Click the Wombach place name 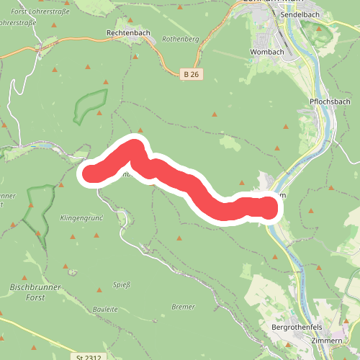pos(267,53)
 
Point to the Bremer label pos(184,307)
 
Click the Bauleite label pos(105,309)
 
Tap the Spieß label pos(122,285)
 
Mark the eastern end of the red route pos(267,209)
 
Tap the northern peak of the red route pos(134,146)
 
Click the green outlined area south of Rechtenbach pos(89,105)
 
